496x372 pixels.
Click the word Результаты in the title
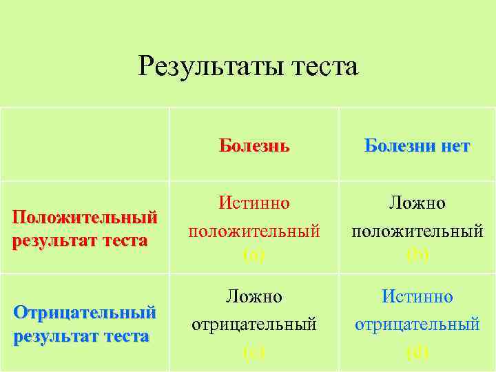coord(206,67)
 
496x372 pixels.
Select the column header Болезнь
coord(254,146)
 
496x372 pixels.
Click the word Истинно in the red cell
coord(254,203)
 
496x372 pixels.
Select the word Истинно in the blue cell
coord(417,297)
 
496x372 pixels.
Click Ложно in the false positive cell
coord(417,203)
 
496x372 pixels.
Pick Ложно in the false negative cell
coord(254,297)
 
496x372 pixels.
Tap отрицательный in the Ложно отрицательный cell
coord(254,322)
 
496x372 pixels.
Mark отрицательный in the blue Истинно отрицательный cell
coord(417,322)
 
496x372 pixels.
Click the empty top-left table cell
coord(85,144)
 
